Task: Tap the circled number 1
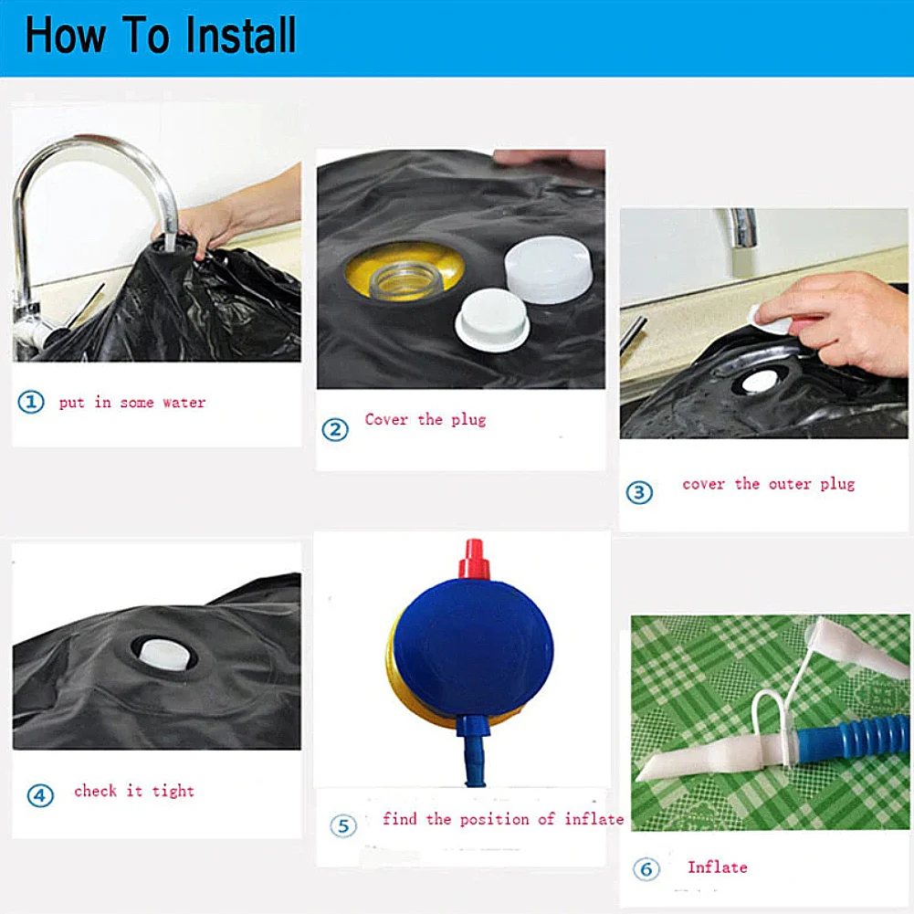31,402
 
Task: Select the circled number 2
335,429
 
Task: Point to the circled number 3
639,492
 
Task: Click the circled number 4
40,795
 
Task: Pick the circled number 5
343,826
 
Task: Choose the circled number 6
646,869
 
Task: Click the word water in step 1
184,403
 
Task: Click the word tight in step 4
173,791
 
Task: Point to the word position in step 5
494,820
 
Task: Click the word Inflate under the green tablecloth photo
717,867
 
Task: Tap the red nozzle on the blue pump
473,559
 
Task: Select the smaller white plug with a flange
492,320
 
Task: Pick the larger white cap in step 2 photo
548,269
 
